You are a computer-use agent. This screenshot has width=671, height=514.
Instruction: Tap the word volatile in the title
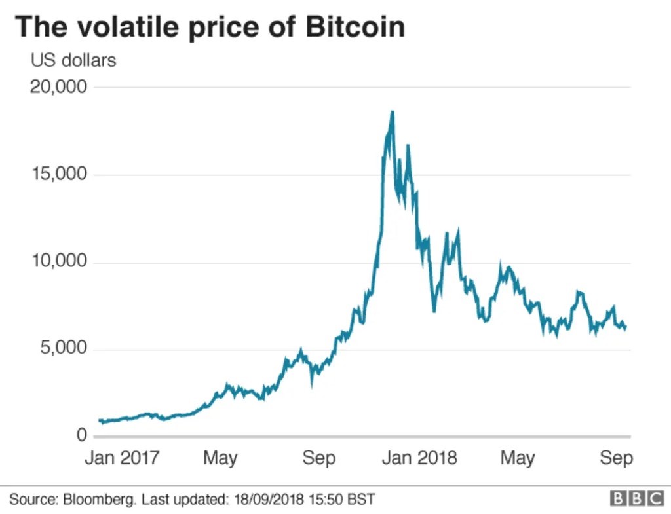pos(131,27)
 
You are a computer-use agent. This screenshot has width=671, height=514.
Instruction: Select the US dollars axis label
pos(73,60)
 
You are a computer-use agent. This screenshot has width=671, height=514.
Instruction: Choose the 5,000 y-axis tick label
pos(64,348)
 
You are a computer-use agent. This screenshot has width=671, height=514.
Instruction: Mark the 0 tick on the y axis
pos(81,435)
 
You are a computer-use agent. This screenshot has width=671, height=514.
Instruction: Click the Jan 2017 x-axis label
pos(122,457)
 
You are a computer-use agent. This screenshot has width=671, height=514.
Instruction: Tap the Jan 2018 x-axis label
pos(419,457)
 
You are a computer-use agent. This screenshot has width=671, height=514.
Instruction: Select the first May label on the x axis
pos(220,457)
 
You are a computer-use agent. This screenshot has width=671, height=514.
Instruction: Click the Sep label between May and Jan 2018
pos(319,457)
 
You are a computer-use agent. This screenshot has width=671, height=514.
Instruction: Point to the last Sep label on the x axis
pos(617,457)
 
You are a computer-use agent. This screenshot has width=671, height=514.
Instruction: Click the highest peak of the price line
pos(392,112)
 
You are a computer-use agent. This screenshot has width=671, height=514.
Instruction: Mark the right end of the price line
pos(626,327)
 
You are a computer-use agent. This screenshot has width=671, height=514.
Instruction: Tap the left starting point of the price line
pos(99,420)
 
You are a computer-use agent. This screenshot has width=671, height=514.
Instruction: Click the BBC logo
pos(637,499)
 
